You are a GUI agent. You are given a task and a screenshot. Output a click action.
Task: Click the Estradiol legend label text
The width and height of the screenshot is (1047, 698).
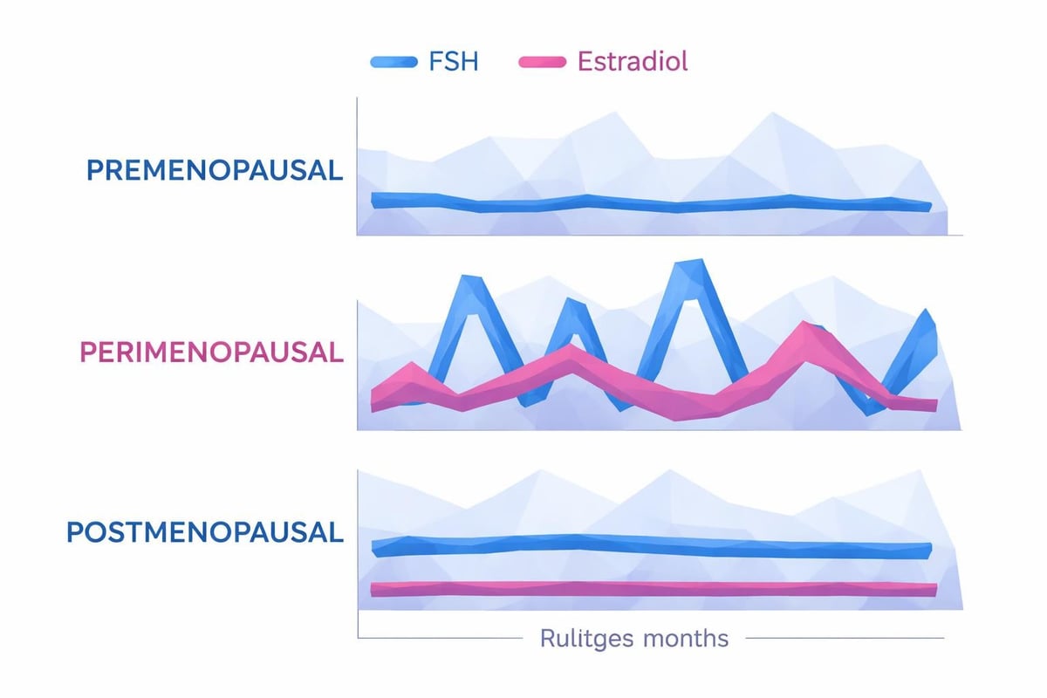coord(633,62)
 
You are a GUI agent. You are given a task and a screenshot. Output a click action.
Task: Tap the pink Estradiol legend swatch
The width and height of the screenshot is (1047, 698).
coord(545,62)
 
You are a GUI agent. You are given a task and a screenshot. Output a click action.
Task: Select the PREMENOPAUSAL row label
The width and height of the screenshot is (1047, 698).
coord(215,170)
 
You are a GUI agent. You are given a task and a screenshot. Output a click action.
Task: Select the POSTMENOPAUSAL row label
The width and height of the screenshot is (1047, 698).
coord(206,532)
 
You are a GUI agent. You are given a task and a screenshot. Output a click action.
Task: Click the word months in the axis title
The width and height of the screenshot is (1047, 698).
coord(685,638)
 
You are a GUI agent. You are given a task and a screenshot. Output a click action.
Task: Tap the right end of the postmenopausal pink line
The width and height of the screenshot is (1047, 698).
coord(933,590)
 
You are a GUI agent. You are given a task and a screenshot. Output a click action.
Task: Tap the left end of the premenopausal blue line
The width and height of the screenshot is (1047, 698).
coord(375,200)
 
